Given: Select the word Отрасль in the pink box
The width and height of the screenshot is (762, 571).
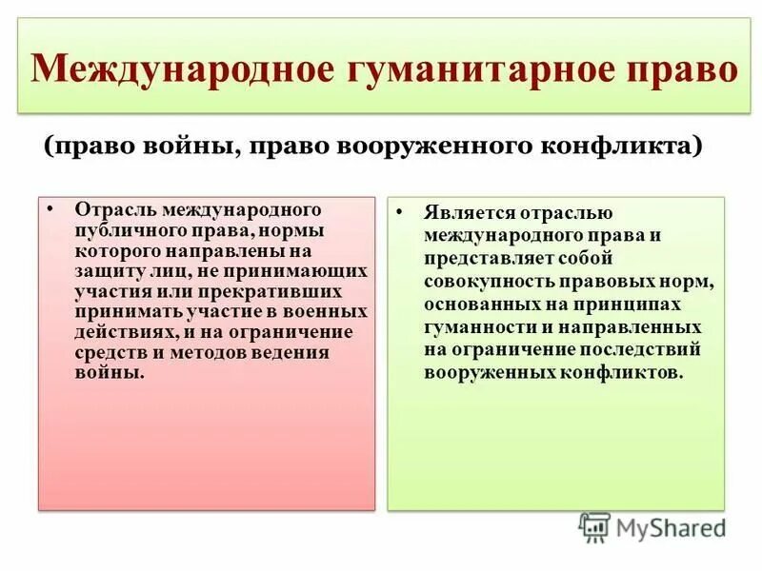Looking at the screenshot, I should [x=114, y=208].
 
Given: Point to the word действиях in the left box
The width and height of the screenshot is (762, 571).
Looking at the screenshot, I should [x=119, y=332].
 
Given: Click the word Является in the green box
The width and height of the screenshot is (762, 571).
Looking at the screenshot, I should [x=468, y=213].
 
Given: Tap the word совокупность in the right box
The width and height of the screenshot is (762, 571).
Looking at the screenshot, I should [x=488, y=282].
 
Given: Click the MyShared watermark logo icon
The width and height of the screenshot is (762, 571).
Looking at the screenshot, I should [x=594, y=526].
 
